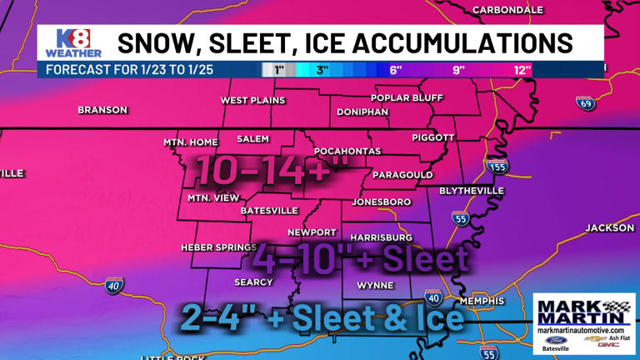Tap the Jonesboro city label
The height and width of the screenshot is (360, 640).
[x=382, y=202]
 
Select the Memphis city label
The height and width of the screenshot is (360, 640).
[x=481, y=301]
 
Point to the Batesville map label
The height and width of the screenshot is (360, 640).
[x=269, y=211]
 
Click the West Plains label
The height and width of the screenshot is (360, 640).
[x=252, y=101]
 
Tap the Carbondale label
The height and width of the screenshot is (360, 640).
[x=507, y=10]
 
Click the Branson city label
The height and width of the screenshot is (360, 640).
[x=102, y=110]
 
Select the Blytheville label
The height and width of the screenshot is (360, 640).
[x=471, y=191]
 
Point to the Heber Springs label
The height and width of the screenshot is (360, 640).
[x=219, y=247]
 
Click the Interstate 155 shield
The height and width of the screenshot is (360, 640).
[x=497, y=167]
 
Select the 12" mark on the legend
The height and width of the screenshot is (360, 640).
[x=522, y=70]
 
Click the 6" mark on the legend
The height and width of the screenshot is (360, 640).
[x=395, y=70]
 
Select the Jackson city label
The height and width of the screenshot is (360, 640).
[x=609, y=228]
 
